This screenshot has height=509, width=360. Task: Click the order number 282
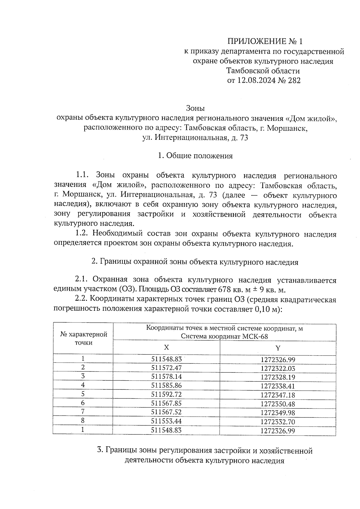[x=294, y=80]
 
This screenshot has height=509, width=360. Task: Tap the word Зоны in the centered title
[x=195, y=108]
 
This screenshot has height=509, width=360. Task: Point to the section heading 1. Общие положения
[x=195, y=156]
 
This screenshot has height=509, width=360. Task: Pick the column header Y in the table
[x=278, y=348]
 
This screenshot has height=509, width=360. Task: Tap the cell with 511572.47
[x=166, y=368]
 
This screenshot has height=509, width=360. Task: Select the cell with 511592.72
[x=166, y=394]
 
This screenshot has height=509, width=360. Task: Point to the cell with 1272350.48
[x=278, y=404]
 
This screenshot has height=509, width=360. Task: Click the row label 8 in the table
[x=83, y=421]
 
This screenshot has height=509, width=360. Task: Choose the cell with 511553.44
[x=166, y=421]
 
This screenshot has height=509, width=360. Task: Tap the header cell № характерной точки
[x=84, y=338]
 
